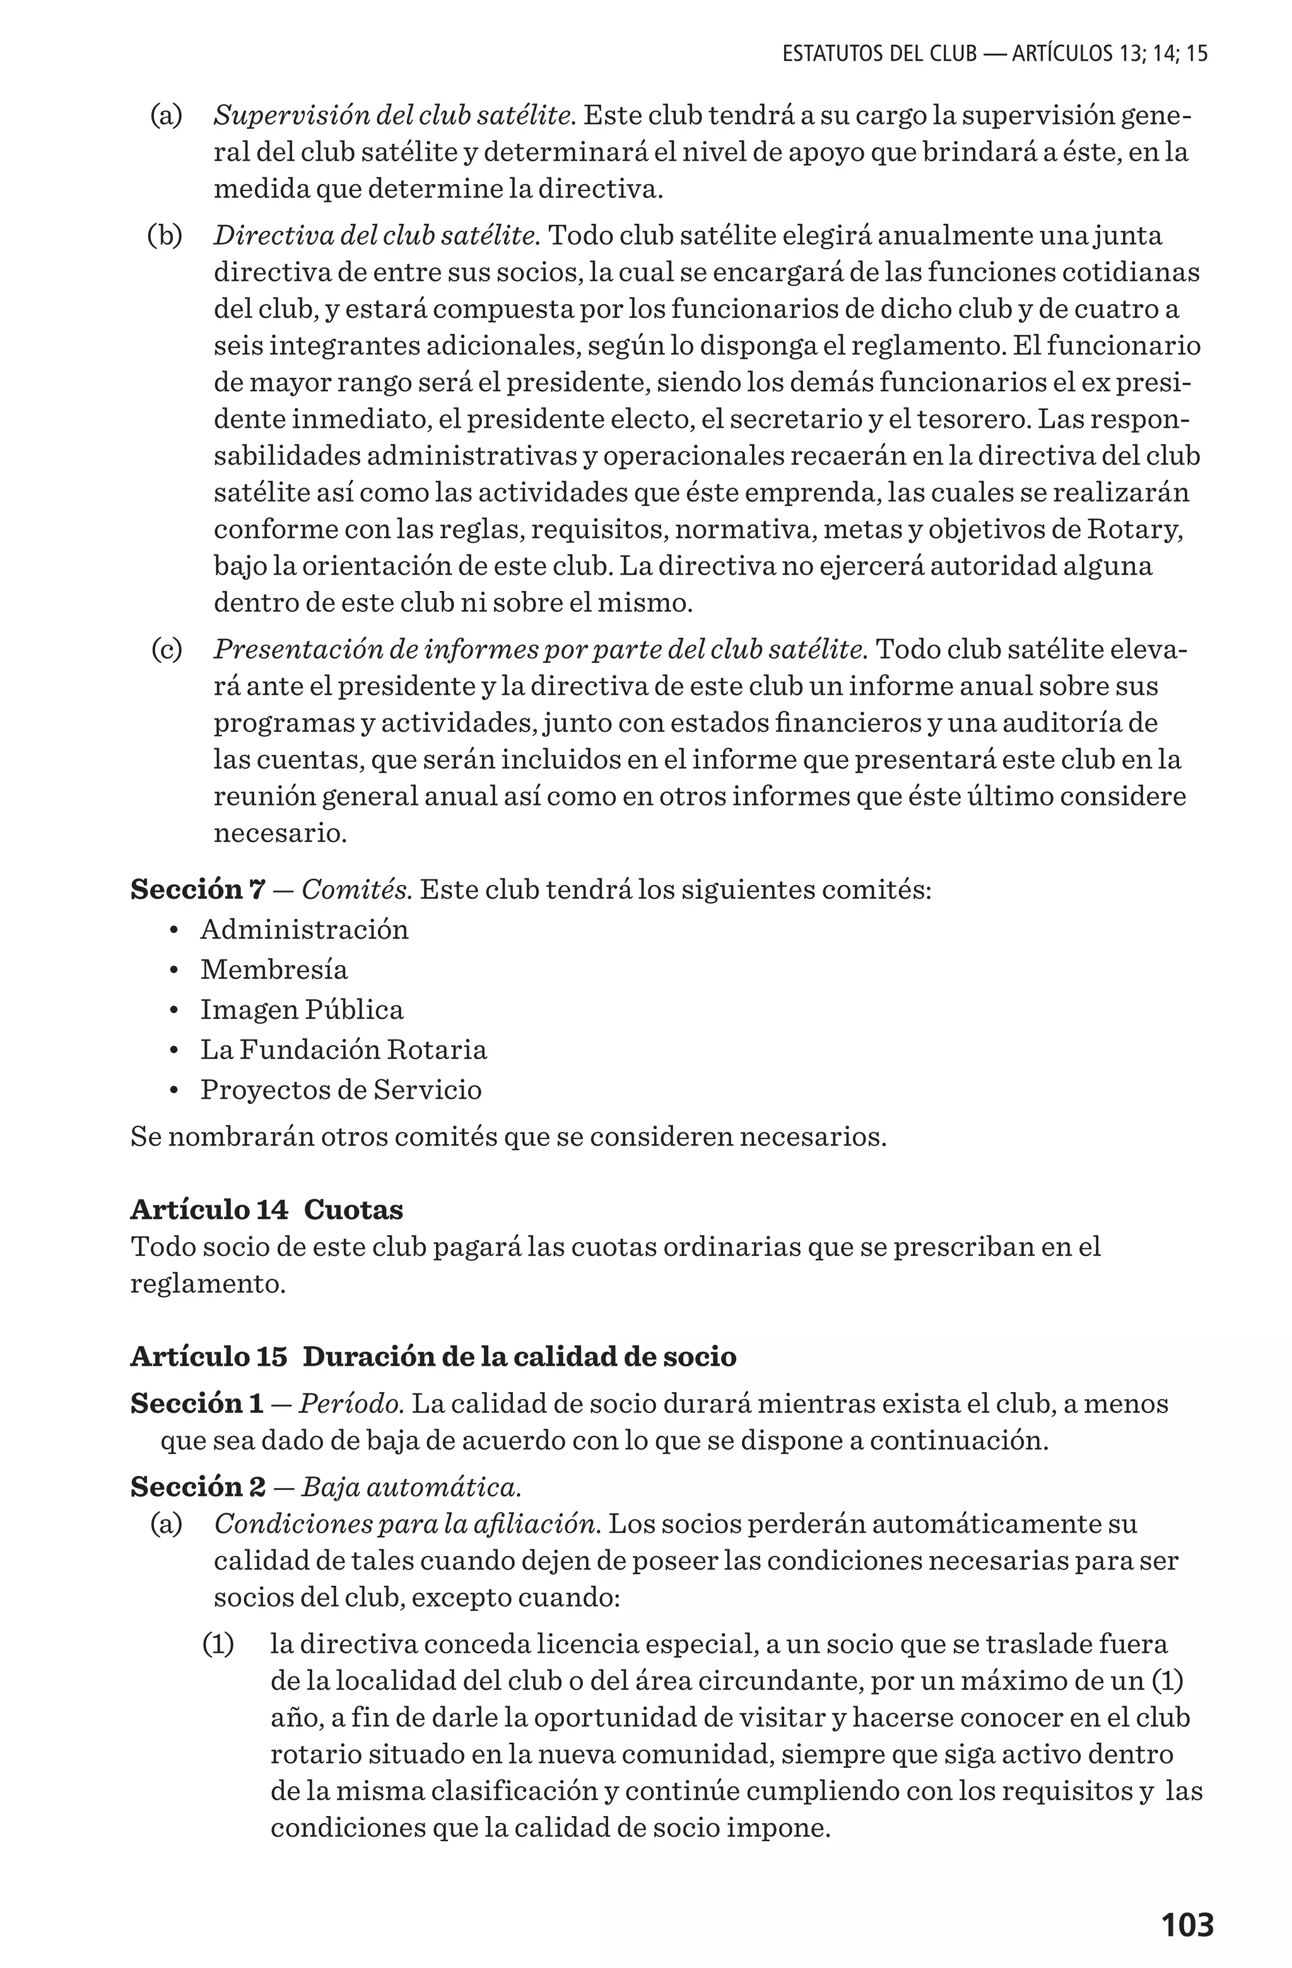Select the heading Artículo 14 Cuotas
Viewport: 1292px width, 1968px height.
click(x=266, y=1209)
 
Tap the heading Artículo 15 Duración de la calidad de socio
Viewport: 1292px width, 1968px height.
click(x=433, y=1356)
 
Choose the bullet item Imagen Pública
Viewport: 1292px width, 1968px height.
click(x=301, y=1010)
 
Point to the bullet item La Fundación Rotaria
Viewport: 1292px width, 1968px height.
click(x=343, y=1050)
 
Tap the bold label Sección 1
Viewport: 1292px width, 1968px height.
click(x=196, y=1403)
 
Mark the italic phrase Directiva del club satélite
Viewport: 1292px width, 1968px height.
click(x=377, y=236)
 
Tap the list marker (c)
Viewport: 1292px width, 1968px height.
click(x=167, y=649)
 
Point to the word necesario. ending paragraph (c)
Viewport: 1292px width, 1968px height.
click(x=279, y=833)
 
